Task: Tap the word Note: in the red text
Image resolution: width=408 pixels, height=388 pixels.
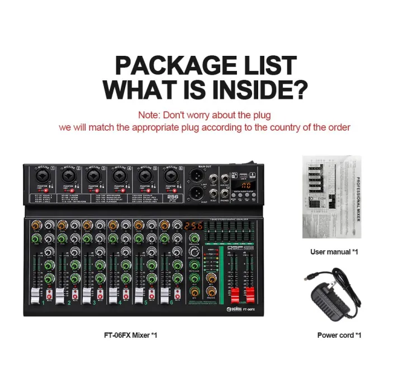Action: (149, 115)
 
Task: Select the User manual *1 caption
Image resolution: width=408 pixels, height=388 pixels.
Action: (334, 252)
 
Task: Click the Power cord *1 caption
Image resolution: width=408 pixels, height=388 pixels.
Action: (339, 335)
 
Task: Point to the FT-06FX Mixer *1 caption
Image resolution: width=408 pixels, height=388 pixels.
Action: (130, 335)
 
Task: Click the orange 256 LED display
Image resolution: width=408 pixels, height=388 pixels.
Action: (193, 226)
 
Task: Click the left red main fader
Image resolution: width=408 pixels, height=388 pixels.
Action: (236, 295)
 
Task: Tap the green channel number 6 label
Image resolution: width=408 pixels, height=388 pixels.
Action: (172, 303)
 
